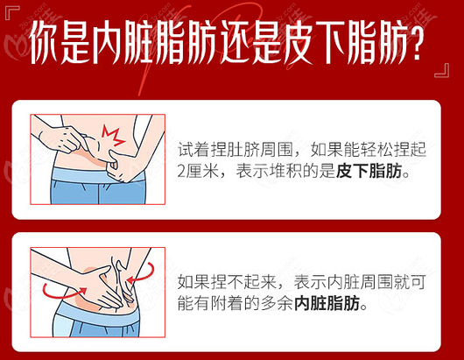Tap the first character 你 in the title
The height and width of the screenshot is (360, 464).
click(45, 42)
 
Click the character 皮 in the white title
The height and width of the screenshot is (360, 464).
click(299, 42)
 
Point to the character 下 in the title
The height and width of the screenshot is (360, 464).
click(331, 42)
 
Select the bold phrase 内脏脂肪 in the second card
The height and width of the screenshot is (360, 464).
click(327, 303)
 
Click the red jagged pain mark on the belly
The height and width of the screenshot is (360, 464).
click(113, 136)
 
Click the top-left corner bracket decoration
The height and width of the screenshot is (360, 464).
click(12, 12)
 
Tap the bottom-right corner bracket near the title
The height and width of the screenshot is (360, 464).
click(442, 70)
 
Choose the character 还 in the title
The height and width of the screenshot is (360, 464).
click(236, 42)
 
